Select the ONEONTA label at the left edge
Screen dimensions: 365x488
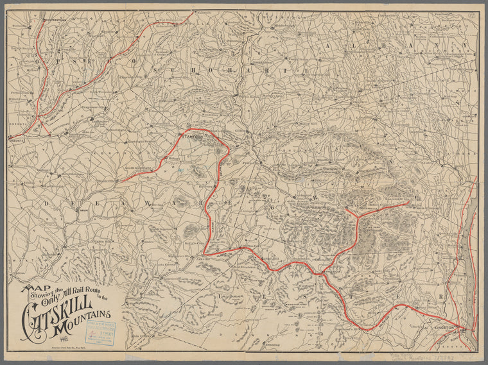coord(15,138)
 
